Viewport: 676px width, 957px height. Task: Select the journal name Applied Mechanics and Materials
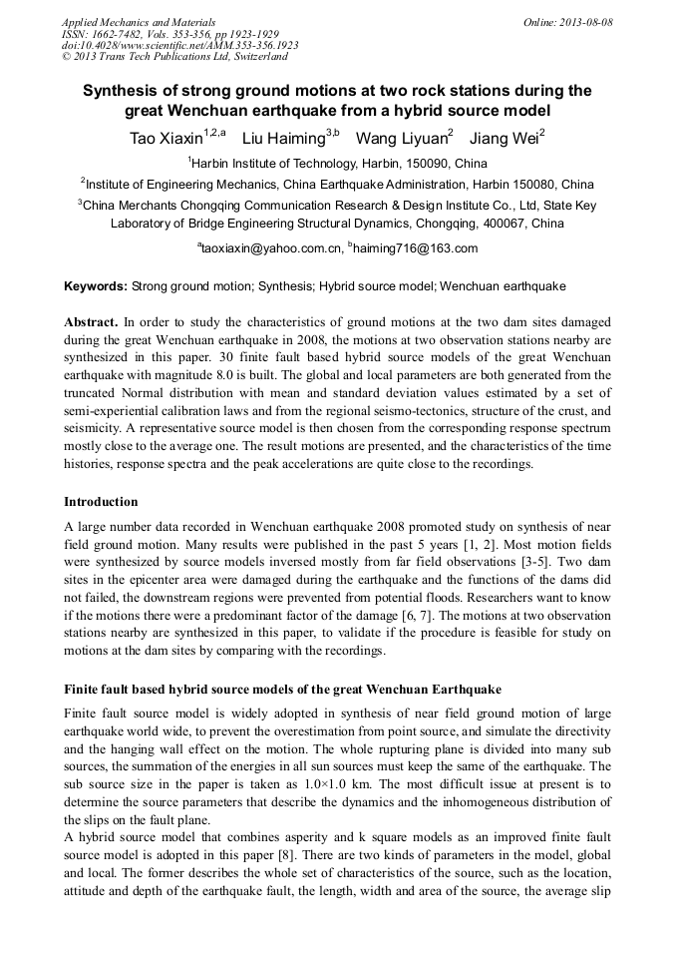click(x=138, y=21)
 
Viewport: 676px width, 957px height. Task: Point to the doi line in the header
click(x=179, y=45)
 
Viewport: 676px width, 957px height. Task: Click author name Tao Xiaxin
click(x=165, y=138)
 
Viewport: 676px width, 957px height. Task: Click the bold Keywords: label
click(x=96, y=286)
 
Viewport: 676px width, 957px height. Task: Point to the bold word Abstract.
click(x=92, y=323)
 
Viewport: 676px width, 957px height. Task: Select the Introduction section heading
click(x=101, y=501)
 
